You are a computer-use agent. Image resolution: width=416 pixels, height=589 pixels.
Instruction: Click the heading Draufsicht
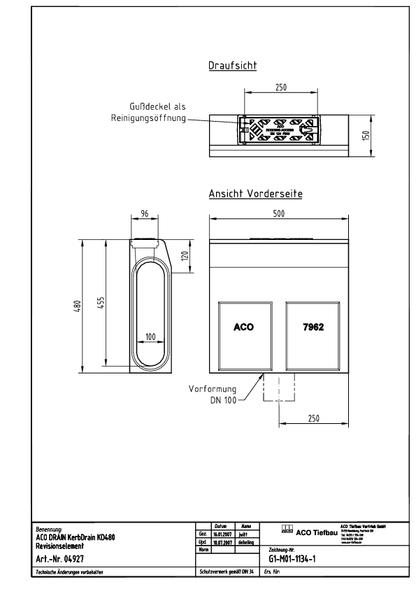click(233, 66)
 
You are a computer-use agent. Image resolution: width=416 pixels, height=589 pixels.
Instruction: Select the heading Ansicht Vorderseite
click(255, 194)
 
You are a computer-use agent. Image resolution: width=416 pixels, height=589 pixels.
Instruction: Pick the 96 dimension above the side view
click(145, 215)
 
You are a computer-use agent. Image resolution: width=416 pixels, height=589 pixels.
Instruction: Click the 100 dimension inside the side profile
click(150, 336)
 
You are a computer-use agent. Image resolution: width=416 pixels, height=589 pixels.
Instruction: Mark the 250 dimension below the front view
click(313, 418)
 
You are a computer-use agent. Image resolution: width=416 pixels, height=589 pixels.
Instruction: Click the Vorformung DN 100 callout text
click(212, 394)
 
